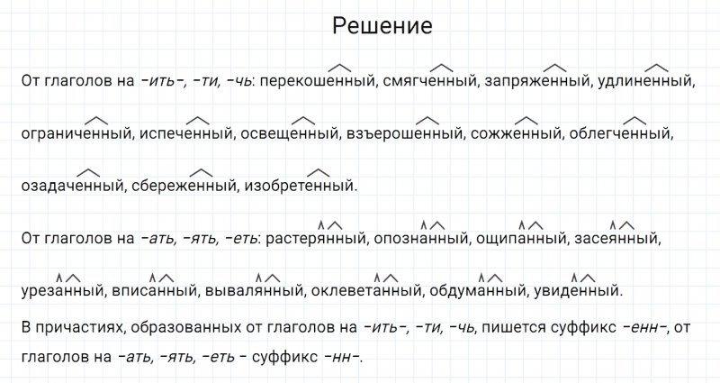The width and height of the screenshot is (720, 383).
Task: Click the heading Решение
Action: click(x=382, y=26)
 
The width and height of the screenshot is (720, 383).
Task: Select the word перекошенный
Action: click(x=320, y=81)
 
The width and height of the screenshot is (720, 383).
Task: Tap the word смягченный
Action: click(x=429, y=81)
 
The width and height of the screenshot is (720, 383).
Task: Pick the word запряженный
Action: click(x=536, y=81)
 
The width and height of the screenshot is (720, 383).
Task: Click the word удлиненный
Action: click(x=644, y=81)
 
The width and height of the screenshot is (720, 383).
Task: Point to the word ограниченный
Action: click(x=76, y=133)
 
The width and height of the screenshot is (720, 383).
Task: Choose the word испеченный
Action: click(x=185, y=133)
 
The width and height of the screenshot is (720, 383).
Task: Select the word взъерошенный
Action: click(x=404, y=133)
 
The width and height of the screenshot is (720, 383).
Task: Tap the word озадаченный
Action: click(x=72, y=187)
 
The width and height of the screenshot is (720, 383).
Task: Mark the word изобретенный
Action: click(x=300, y=187)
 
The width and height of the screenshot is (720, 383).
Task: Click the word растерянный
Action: click(x=316, y=239)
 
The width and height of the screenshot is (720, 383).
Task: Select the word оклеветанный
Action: click(x=366, y=291)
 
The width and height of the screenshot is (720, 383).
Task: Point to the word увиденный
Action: click(x=577, y=291)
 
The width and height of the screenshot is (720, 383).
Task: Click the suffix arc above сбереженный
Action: click(x=201, y=172)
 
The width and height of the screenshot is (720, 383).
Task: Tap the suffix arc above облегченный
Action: click(x=634, y=121)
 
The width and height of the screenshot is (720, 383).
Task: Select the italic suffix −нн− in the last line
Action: click(x=342, y=357)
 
